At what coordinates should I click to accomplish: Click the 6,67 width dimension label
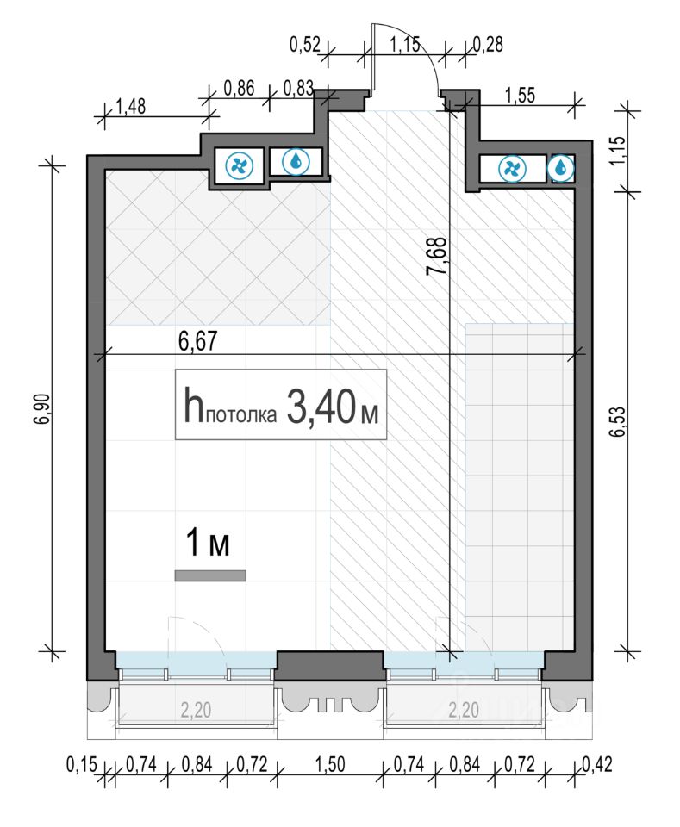[198, 341]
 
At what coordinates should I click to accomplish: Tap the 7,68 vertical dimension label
[437, 256]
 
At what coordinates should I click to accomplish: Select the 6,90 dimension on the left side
[44, 408]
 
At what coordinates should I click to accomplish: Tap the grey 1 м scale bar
[210, 576]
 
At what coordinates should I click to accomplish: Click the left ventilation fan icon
[239, 165]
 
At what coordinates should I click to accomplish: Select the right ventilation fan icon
[512, 170]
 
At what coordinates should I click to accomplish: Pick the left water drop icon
[296, 161]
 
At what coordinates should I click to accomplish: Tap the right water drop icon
[563, 169]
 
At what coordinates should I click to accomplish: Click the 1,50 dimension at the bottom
[330, 764]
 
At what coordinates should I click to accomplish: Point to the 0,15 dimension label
[82, 764]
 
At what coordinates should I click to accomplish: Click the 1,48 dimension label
[130, 106]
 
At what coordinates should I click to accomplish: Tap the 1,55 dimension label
[521, 96]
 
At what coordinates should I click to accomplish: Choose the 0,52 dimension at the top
[305, 44]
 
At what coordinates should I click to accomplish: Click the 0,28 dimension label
[488, 44]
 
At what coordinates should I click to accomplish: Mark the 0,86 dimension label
[240, 88]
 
